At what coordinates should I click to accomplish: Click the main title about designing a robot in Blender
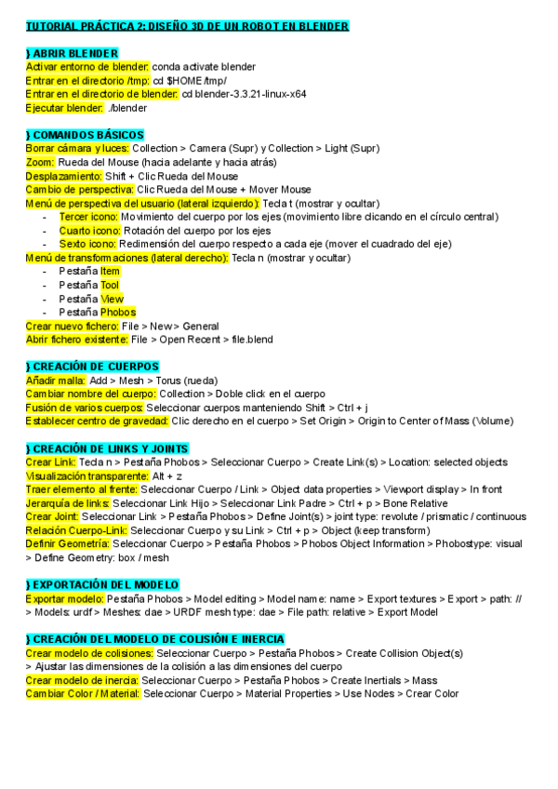(187, 27)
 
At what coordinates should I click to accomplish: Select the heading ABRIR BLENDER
(72, 54)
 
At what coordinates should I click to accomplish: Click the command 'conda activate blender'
(204, 67)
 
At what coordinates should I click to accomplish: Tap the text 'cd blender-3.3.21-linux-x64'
(244, 94)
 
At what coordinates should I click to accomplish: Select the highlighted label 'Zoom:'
(41, 163)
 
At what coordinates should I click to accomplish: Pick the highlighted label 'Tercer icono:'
(88, 217)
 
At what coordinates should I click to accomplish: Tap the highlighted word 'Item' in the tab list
(111, 271)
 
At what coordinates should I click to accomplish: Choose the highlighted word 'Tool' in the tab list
(111, 285)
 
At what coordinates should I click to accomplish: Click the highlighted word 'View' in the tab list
(112, 299)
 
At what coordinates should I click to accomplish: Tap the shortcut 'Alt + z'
(166, 475)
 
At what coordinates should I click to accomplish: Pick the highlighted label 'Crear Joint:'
(52, 516)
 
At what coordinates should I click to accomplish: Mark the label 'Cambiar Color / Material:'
(83, 694)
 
